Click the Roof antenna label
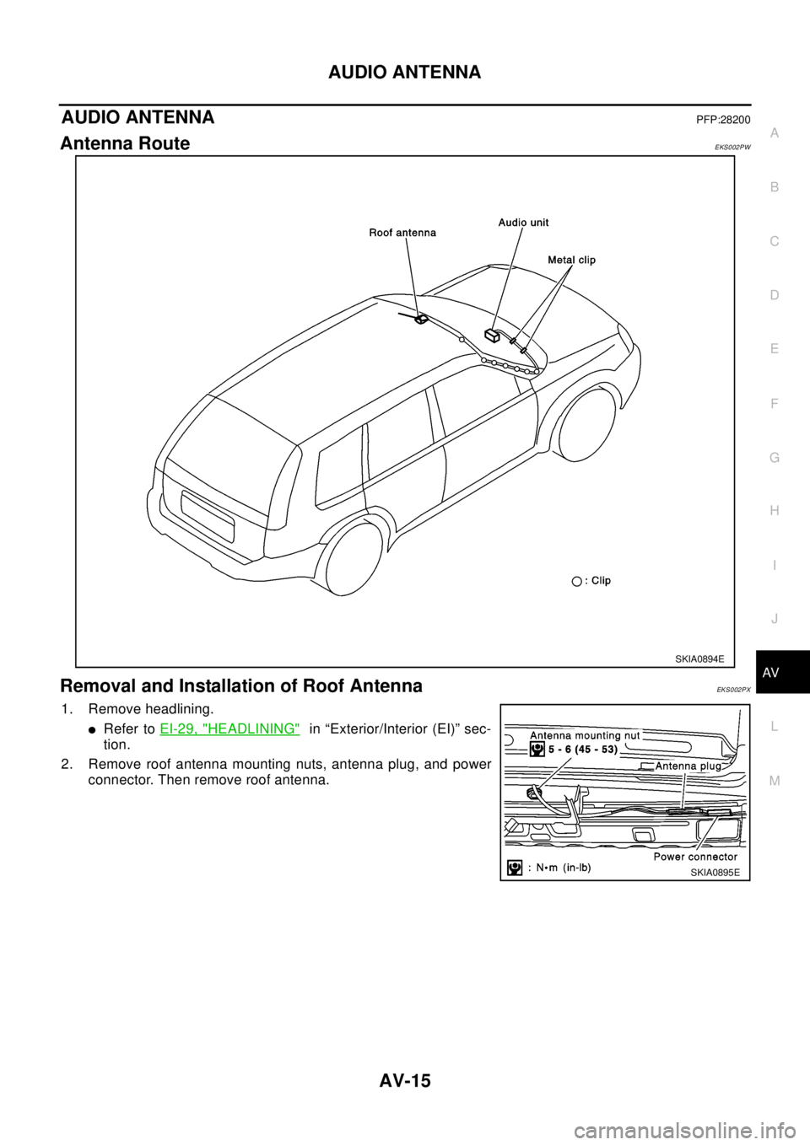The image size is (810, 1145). [x=402, y=232]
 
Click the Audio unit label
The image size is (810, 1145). [x=523, y=223]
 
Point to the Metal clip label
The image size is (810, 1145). [x=570, y=260]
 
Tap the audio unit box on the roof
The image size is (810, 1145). [x=493, y=336]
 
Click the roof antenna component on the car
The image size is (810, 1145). [x=419, y=319]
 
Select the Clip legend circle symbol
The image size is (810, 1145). [x=576, y=581]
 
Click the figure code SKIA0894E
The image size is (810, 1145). [x=699, y=659]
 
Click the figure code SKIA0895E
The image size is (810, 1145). [x=714, y=873]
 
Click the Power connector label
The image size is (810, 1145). [x=695, y=857]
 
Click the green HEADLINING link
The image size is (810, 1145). [x=229, y=727]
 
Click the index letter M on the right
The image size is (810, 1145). [x=775, y=781]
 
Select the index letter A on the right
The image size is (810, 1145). [x=775, y=132]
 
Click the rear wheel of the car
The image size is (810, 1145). [x=356, y=559]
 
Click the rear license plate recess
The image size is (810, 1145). [x=208, y=515]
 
